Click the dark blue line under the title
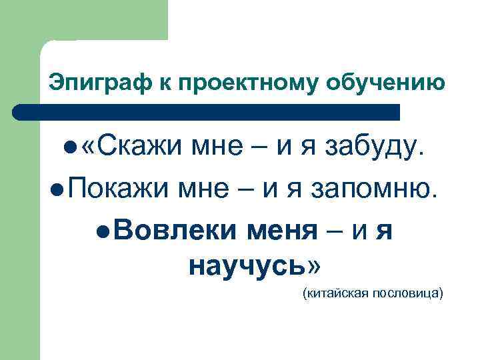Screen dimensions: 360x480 (207, 111)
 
